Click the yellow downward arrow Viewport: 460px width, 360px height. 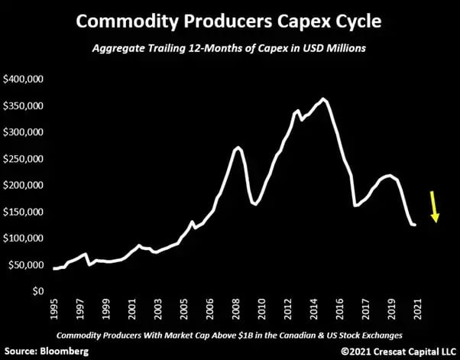coord(435,206)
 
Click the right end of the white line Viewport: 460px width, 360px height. coord(415,225)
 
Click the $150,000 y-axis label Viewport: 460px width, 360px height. coord(25,212)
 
